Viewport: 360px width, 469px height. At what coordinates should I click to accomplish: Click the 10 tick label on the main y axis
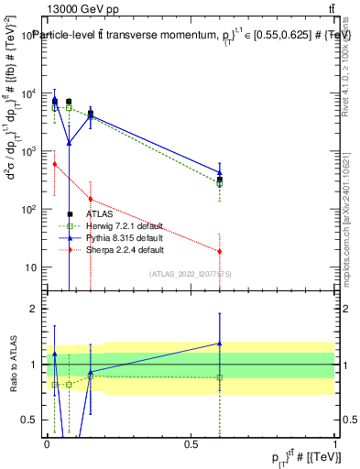(x=27, y=267)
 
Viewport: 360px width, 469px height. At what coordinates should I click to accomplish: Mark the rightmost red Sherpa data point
(x=220, y=251)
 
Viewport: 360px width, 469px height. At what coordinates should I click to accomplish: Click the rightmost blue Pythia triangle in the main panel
(x=220, y=171)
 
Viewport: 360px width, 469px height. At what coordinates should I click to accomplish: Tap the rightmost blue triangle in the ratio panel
(x=220, y=344)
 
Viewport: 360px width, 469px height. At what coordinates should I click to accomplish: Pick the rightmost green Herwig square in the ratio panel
(x=220, y=377)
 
